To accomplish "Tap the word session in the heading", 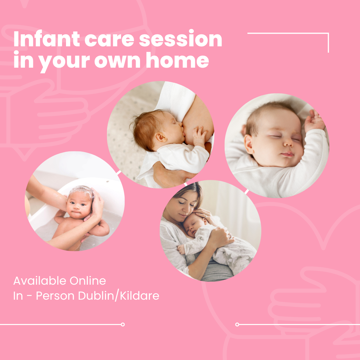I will (180, 39).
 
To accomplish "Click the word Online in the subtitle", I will (88, 281).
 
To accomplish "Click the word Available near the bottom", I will (40, 281).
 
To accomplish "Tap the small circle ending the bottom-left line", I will (123, 324).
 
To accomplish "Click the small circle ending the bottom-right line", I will (237, 324).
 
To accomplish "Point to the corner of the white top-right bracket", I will (328, 33).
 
